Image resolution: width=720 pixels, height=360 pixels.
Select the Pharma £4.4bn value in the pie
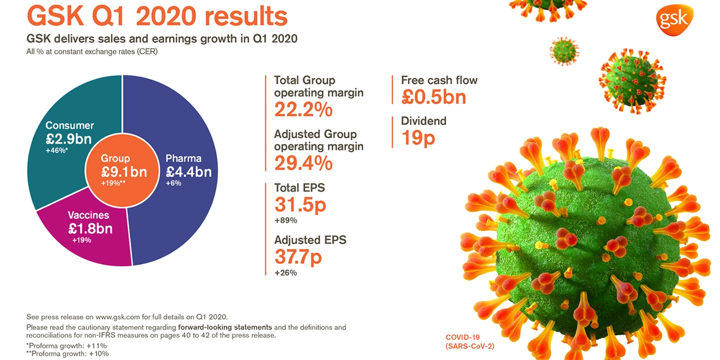pos(189,172)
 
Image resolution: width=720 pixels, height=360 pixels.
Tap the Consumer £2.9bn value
pos(68,139)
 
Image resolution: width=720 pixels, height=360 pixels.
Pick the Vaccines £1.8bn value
pos(90,228)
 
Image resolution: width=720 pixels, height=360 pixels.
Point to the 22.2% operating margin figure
pos(303,110)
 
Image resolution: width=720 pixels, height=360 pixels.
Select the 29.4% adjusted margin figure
pos(303,163)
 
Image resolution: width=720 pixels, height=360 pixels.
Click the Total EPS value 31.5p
pos(300,205)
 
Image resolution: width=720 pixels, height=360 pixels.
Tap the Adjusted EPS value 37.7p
pos(298,256)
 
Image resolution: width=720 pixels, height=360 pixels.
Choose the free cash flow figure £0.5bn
pos(434,97)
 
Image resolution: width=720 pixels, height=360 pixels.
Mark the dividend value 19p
pos(418,138)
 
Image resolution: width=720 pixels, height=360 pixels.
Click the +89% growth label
pos(285,220)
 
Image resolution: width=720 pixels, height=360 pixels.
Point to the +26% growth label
pos(285,272)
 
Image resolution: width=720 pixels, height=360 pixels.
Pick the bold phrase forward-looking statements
pos(225,327)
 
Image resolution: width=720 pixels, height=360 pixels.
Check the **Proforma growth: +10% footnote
pos(68,353)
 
